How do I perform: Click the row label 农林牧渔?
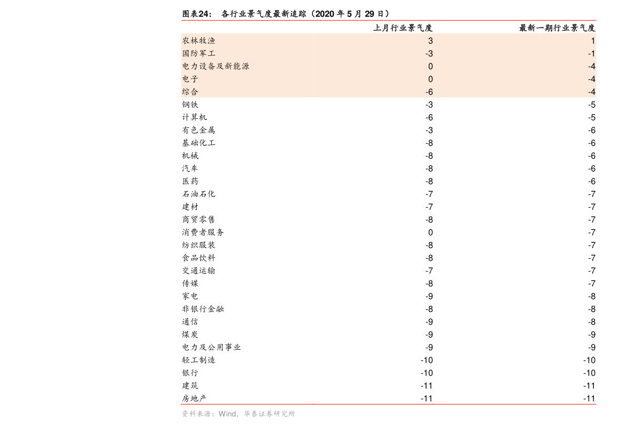(198, 40)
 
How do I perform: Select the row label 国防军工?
(198, 53)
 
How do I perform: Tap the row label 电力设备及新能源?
(215, 66)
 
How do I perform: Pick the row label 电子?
(190, 79)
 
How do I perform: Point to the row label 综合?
(190, 92)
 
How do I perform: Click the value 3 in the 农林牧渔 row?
(430, 41)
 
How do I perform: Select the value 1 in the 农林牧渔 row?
(593, 41)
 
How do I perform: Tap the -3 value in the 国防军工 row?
(429, 54)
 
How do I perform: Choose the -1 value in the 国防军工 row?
(591, 54)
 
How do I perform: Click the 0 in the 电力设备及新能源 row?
(430, 67)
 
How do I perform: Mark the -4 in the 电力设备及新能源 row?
(591, 67)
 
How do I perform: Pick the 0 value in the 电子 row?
(430, 79)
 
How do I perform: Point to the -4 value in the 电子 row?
(591, 79)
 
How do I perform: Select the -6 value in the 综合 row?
(429, 92)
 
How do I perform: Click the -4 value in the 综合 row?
(591, 92)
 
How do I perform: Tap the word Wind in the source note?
(227, 414)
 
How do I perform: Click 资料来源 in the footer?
(196, 414)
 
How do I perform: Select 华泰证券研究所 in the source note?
(269, 414)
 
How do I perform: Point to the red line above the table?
(388, 20)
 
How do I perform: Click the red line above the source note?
(388, 404)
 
